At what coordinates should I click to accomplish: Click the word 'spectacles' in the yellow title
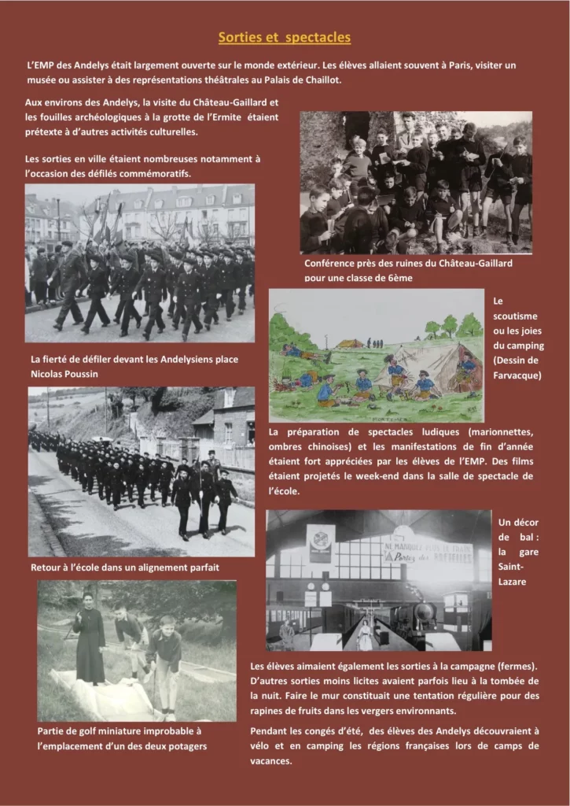tap(318, 38)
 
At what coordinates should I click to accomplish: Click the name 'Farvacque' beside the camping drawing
tap(518, 375)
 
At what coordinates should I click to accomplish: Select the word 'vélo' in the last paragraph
tap(262, 746)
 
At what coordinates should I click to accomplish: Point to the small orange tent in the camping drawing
tap(351, 343)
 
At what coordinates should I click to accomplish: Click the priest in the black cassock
tap(89, 645)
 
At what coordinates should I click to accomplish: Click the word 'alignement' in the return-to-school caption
tap(146, 567)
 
